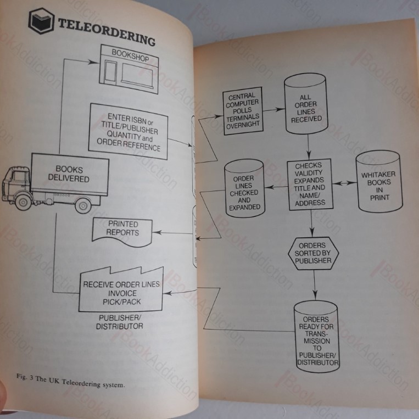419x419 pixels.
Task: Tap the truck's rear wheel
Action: click(x=83, y=206)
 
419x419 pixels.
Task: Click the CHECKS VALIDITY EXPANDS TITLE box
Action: click(x=310, y=185)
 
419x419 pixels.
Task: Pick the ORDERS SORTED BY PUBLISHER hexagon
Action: click(x=314, y=253)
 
